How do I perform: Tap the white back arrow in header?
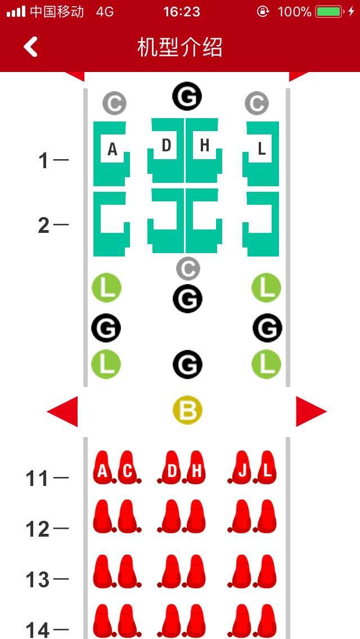point(31,47)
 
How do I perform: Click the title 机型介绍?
point(179,48)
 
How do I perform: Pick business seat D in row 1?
point(166,149)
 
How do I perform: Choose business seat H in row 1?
point(204,149)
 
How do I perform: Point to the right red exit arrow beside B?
point(311,411)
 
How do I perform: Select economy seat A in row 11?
point(102,469)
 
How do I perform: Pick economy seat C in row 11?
point(127,469)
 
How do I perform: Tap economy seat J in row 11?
point(242,469)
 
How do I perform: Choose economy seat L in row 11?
point(267,469)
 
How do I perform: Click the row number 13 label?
point(38,579)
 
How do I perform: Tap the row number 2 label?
point(44,226)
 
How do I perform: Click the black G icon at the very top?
point(187,96)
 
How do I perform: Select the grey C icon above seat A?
point(114,103)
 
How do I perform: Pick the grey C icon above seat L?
point(256,103)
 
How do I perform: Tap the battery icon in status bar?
point(329,11)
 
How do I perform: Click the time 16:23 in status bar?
point(181,11)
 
